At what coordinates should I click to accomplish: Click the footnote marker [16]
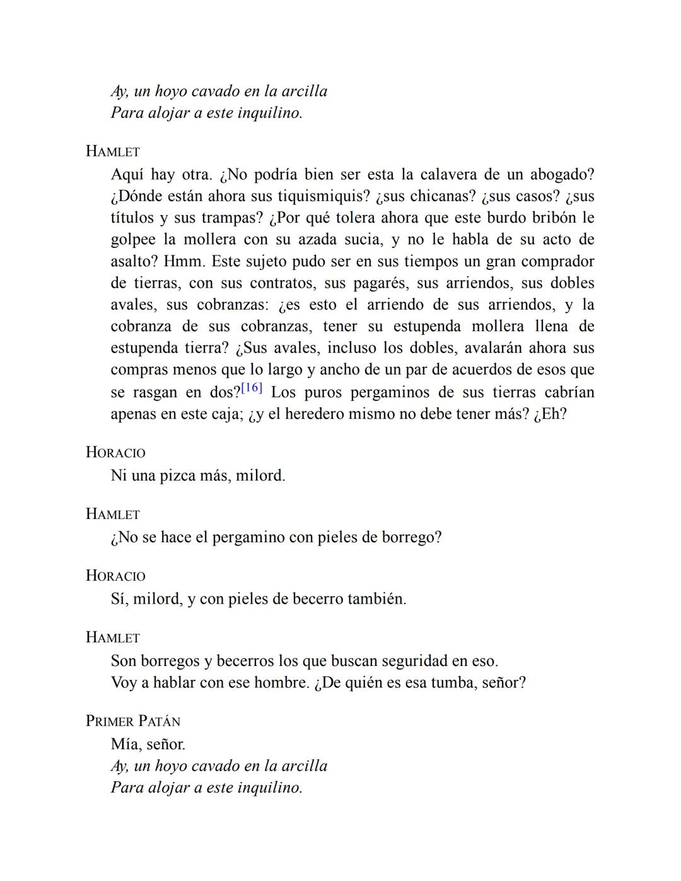tap(252, 388)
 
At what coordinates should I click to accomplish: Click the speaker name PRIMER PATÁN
tap(133, 721)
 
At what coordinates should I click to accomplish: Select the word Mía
tap(125, 744)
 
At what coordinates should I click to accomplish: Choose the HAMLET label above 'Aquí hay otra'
tap(113, 152)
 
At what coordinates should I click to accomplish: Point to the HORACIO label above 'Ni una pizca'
tap(115, 453)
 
